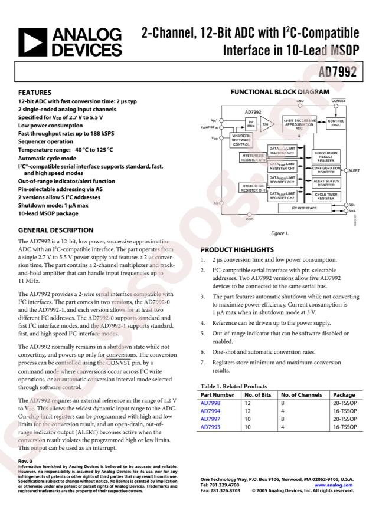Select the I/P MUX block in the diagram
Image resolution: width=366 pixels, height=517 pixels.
(250, 123)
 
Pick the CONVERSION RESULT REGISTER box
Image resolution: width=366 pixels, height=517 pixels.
(325, 156)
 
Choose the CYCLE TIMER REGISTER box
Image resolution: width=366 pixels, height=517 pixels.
(325, 196)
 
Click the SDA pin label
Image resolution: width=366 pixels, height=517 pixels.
(352, 210)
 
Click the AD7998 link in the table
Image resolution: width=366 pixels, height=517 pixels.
(210, 404)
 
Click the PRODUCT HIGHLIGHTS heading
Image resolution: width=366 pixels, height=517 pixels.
(237, 249)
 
